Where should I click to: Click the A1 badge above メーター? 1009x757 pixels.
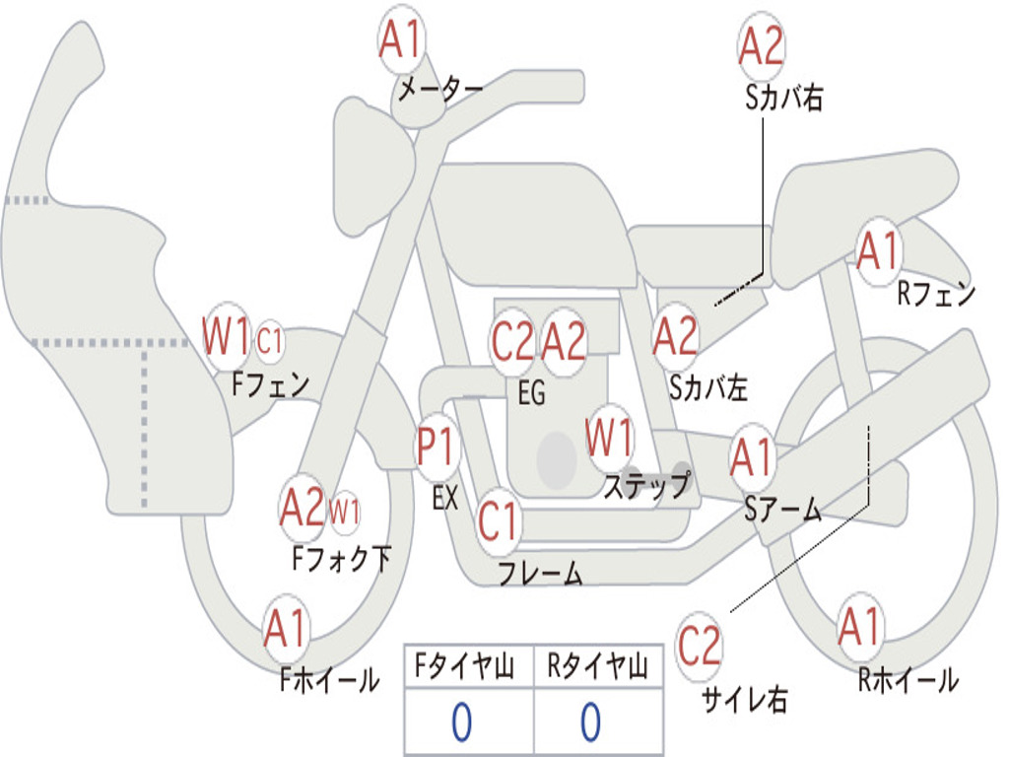(x=401, y=39)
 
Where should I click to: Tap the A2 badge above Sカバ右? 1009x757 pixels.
(x=762, y=46)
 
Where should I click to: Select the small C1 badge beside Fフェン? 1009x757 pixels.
(x=270, y=340)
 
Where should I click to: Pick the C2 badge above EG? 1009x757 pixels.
(x=512, y=341)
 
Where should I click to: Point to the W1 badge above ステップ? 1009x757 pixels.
(x=608, y=437)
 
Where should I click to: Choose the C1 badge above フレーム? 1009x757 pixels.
(x=498, y=521)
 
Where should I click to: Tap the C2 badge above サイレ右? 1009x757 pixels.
(x=699, y=646)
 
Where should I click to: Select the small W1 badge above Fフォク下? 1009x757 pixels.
(x=345, y=513)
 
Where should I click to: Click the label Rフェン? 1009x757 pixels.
(x=936, y=294)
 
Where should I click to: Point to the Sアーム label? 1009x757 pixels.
(x=783, y=510)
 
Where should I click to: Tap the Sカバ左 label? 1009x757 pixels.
(x=707, y=387)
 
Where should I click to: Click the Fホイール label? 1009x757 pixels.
(x=329, y=679)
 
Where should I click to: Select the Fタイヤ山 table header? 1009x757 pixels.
(x=464, y=666)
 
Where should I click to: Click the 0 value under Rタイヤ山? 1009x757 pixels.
(x=591, y=722)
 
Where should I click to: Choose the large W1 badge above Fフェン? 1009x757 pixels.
(x=226, y=336)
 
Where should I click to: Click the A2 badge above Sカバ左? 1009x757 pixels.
(x=675, y=337)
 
